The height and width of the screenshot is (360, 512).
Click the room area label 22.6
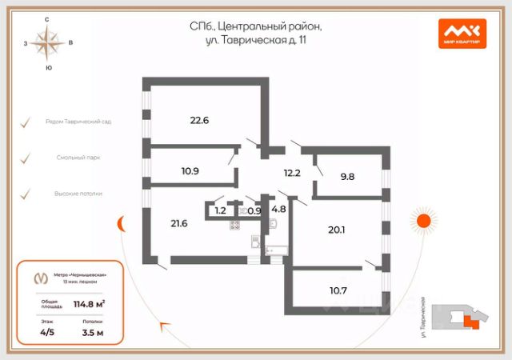199,121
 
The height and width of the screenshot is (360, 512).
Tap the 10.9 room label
190,170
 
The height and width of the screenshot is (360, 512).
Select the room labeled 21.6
178,223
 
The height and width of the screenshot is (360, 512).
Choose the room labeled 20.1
336,230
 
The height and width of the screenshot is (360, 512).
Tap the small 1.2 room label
220,212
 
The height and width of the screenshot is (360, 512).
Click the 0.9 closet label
254,211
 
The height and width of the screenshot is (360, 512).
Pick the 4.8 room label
279,210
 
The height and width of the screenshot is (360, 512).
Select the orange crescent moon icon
121,223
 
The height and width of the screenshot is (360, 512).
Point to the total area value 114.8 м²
90,303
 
